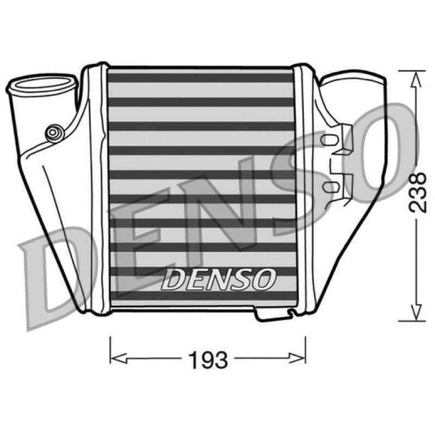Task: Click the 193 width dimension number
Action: tap(208, 360)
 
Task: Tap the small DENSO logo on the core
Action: tap(219, 279)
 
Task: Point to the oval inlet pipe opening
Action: tap(42, 83)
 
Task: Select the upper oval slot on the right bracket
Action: tap(330, 139)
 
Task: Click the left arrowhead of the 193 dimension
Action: tap(118, 358)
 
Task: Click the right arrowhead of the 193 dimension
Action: tap(297, 358)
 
